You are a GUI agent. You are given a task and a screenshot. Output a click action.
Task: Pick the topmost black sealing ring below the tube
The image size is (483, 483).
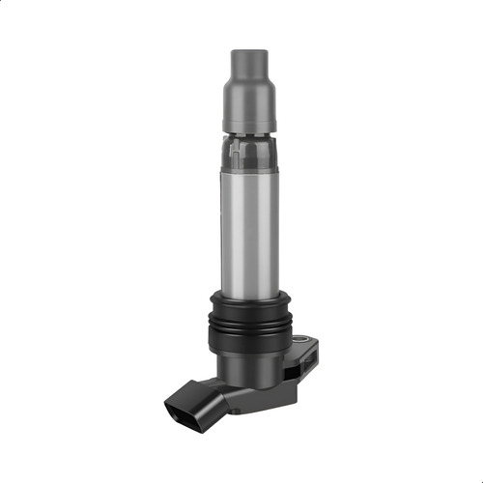pyautogui.click(x=249, y=299)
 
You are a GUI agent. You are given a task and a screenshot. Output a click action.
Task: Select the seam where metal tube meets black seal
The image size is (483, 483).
pyautogui.click(x=249, y=292)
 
